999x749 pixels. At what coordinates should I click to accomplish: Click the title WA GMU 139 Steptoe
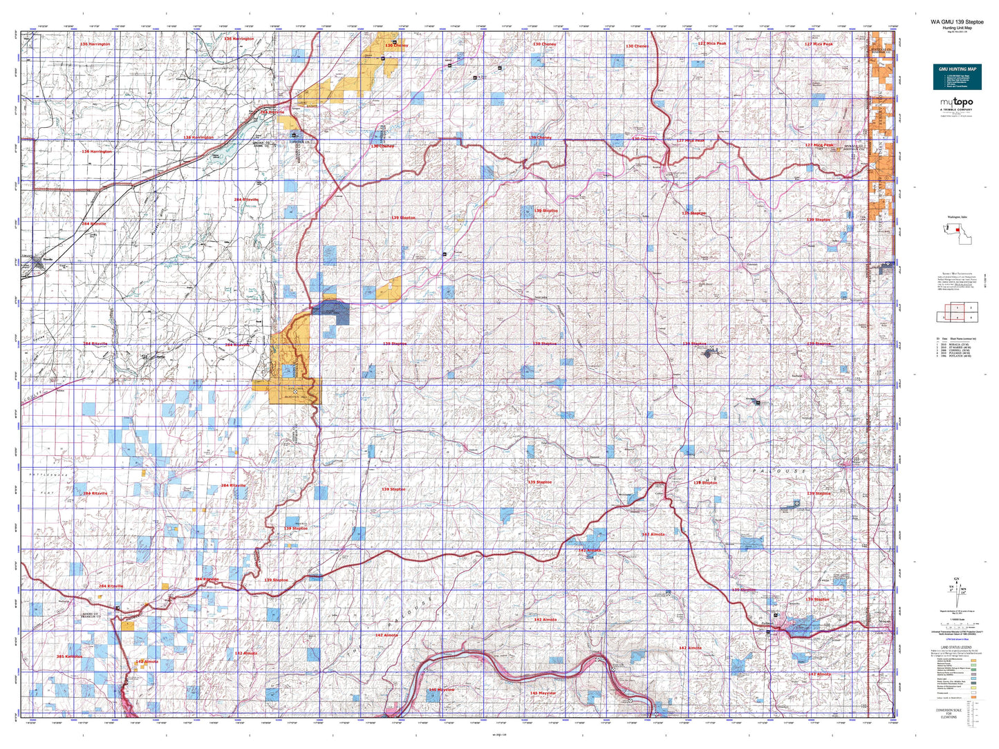click(957, 21)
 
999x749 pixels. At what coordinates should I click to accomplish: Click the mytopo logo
click(956, 102)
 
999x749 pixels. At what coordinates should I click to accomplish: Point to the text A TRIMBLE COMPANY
click(956, 109)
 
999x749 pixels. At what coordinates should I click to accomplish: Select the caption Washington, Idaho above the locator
click(957, 216)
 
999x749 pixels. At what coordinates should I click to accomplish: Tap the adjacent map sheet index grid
click(958, 312)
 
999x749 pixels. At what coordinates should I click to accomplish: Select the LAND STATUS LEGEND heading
click(957, 647)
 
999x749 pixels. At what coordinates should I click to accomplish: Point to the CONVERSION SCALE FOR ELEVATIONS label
click(958, 713)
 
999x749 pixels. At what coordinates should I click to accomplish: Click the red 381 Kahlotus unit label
click(69, 656)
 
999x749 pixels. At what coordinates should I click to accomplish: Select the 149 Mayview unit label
click(441, 690)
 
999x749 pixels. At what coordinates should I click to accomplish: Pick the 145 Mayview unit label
click(543, 692)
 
